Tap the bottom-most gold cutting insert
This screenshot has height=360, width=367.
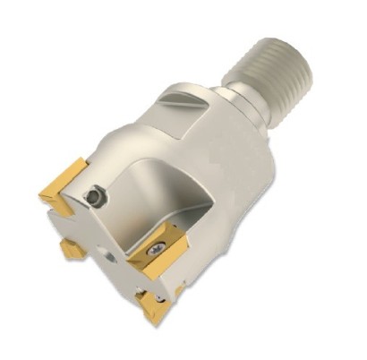coord(154,305)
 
